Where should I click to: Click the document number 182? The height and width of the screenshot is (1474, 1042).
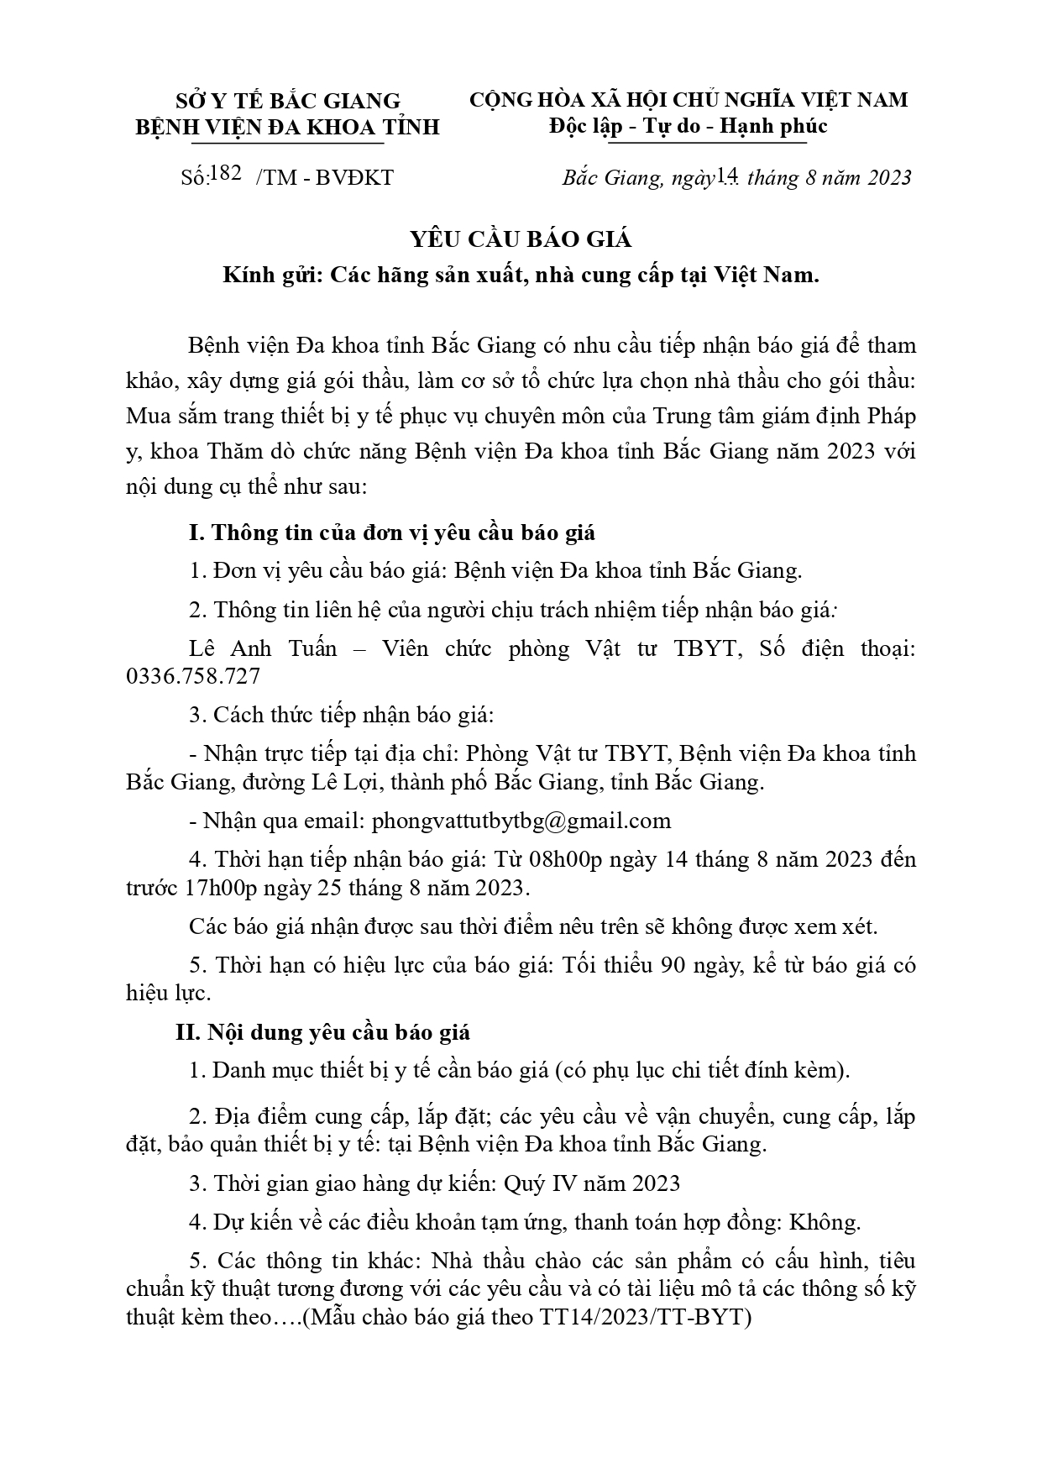(228, 174)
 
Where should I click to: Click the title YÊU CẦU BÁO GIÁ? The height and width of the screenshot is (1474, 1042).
(521, 239)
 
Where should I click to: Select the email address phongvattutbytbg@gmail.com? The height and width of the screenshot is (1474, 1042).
(521, 821)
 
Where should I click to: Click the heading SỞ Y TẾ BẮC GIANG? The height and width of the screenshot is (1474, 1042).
(288, 101)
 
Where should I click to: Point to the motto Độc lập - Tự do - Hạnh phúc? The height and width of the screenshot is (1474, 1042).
(689, 126)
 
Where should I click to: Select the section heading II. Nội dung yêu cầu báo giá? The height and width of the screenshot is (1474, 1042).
(323, 1032)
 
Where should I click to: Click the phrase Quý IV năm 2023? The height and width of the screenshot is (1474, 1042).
(592, 1183)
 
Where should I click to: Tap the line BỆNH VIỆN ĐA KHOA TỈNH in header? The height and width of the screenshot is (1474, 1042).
(288, 127)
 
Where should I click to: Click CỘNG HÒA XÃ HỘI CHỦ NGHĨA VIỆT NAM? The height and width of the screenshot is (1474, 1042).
(689, 100)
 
